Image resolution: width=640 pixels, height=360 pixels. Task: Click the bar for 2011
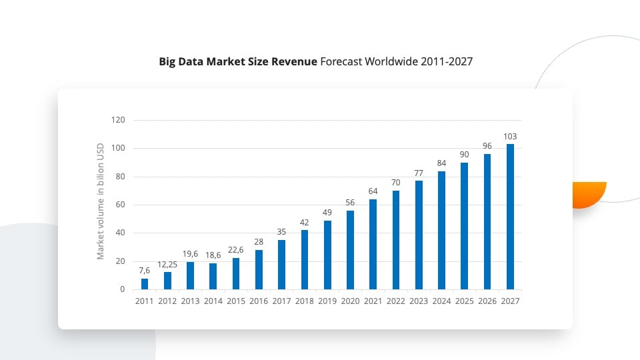click(145, 284)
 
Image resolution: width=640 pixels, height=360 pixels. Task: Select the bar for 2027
click(510, 217)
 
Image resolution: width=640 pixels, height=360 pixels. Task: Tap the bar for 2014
click(213, 276)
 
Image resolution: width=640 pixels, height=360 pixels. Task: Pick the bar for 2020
click(350, 250)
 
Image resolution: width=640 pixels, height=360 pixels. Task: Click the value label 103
click(510, 136)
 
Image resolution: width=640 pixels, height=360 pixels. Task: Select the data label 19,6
click(191, 254)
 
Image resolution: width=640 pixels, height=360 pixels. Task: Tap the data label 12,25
click(167, 265)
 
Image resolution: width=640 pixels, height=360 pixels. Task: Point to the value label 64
click(373, 191)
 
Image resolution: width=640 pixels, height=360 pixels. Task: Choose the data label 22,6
click(236, 250)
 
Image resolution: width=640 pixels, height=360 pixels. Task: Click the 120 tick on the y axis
click(118, 120)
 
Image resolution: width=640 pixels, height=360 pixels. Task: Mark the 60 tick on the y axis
click(120, 205)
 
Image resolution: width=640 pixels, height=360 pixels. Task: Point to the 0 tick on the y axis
click(122, 289)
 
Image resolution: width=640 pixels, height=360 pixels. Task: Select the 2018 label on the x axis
click(304, 301)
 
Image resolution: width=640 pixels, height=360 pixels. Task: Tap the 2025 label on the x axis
click(464, 301)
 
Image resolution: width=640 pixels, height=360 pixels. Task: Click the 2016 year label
click(259, 301)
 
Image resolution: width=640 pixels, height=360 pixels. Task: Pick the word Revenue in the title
click(294, 62)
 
